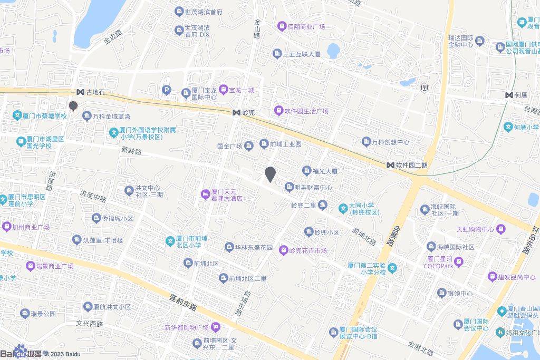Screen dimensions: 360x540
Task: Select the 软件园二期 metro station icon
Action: tap(390, 165)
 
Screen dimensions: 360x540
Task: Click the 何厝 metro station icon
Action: tap(509, 95)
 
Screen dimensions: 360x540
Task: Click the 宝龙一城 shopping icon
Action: tap(223, 90)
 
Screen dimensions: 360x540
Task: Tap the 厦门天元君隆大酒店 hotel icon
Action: tap(205, 194)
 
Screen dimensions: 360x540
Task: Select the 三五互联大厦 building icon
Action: tap(277, 54)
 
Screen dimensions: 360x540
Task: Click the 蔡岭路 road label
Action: tap(132, 151)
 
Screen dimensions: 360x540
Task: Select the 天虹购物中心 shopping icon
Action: tap(500, 229)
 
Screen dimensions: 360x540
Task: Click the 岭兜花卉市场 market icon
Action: tap(283, 251)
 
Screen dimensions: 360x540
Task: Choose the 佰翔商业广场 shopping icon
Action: tap(282, 26)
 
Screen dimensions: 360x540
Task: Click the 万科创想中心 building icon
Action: tap(367, 142)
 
